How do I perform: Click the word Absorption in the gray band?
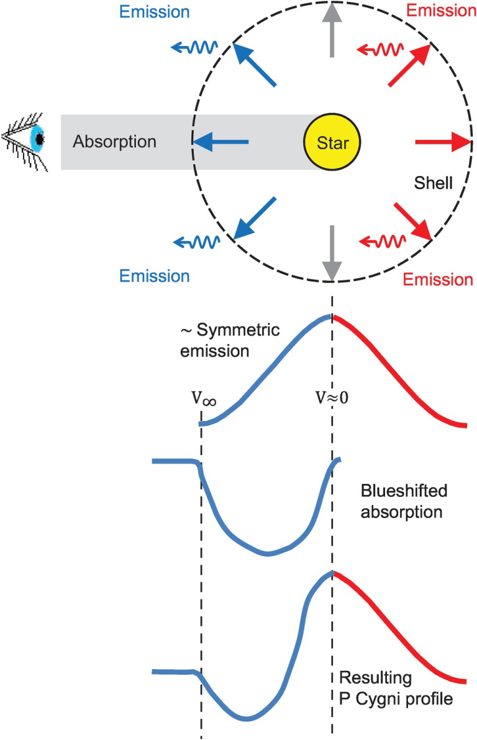[x=114, y=142]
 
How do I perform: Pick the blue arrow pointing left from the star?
[x=221, y=142]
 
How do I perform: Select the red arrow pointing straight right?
[x=441, y=142]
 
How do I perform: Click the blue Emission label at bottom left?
[x=154, y=275]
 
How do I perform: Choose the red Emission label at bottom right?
[x=438, y=279]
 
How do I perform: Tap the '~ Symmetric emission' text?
[x=214, y=341]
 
